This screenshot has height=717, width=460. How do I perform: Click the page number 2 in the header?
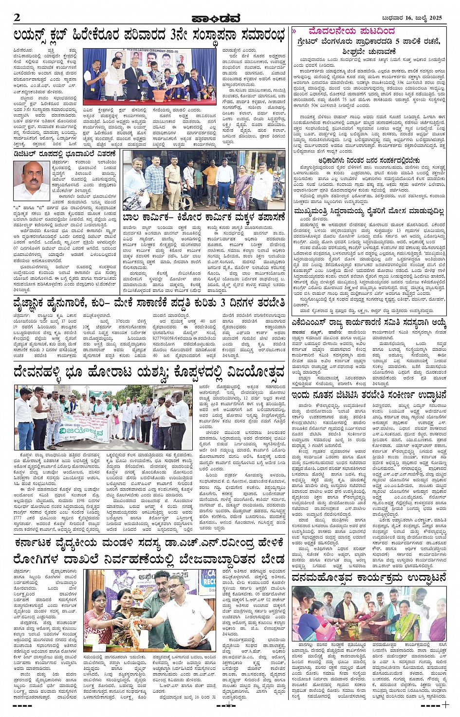pos(18,18)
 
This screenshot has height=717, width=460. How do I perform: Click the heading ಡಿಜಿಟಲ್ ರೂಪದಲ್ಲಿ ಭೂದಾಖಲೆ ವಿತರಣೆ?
pos(65,154)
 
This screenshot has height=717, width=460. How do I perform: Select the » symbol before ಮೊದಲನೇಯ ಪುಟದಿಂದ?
pos(294,31)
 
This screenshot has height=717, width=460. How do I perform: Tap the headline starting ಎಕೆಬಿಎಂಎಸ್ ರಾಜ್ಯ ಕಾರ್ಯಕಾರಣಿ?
pos(369,323)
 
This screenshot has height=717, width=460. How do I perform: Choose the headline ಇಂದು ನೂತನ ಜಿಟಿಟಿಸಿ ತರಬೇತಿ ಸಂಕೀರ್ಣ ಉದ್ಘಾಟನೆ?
pos(369,394)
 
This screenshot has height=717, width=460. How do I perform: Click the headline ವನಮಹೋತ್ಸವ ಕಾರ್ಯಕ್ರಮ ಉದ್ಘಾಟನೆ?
pos(369,578)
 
